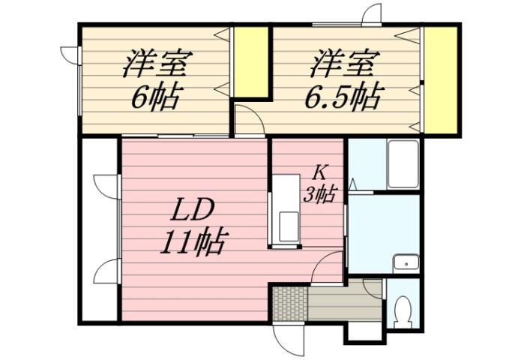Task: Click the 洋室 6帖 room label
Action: pos(155,79)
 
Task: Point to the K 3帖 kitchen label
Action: pos(319,184)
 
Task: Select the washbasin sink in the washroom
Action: pos(406,262)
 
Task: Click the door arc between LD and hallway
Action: pos(328,267)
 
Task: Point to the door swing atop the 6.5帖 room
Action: pos(372,14)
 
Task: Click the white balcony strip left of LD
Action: pos(99,229)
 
